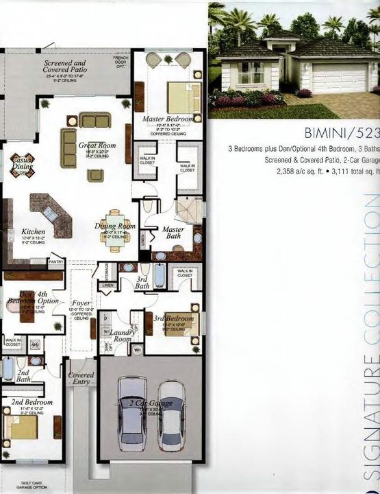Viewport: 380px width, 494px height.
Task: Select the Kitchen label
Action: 34,232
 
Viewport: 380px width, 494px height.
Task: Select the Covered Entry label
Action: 81,379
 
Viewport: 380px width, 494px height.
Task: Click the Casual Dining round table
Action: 21,165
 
